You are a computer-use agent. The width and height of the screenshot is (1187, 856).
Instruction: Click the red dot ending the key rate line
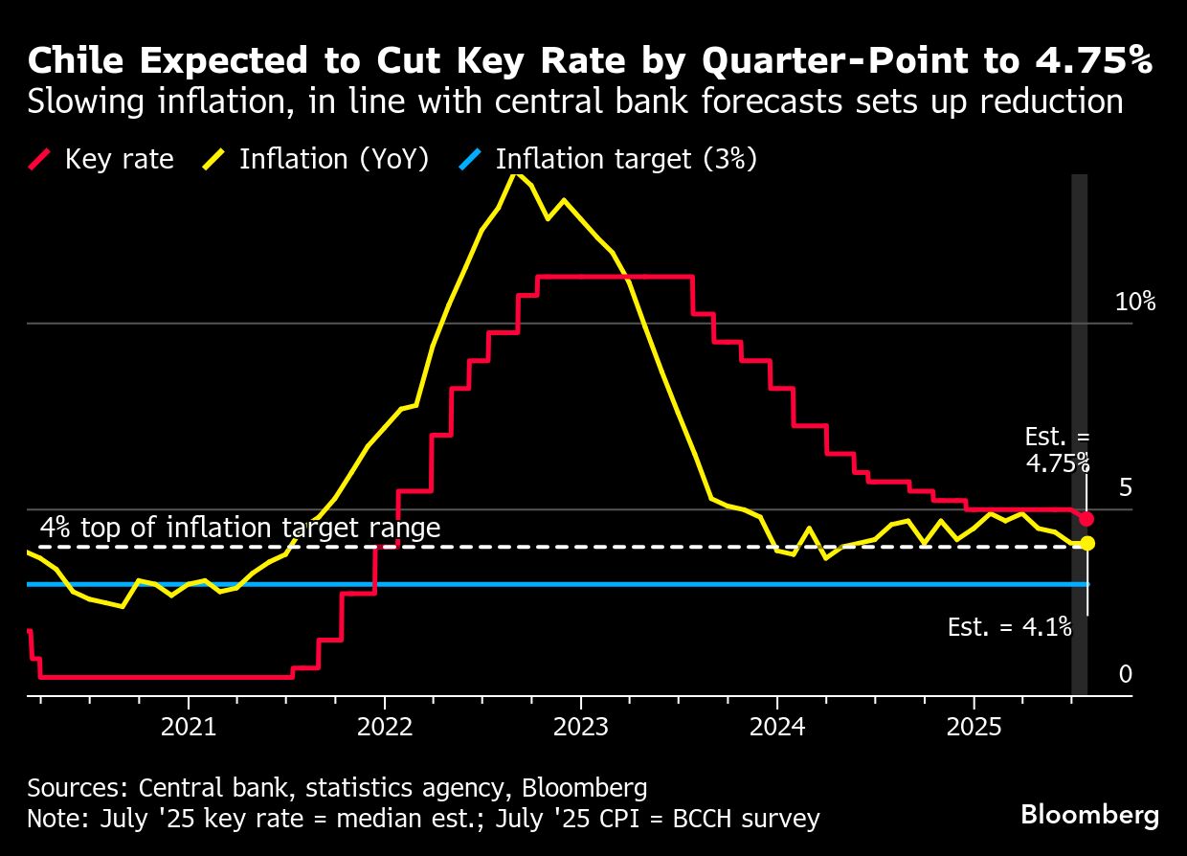coord(1086,518)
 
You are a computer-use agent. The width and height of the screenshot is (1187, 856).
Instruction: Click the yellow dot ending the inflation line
coord(1087,544)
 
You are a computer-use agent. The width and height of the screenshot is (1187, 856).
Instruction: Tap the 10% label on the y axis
coord(1135,303)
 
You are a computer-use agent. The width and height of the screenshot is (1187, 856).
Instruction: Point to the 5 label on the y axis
coord(1125,488)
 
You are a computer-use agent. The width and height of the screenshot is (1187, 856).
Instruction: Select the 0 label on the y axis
coord(1126,675)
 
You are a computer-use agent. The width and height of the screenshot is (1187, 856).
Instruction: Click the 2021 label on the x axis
coord(189,727)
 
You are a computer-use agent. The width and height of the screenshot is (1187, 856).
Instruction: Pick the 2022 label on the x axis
coord(385,727)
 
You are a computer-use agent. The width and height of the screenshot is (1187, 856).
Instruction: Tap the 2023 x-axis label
coord(581,727)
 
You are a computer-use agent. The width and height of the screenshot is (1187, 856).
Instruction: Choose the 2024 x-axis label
coord(777,727)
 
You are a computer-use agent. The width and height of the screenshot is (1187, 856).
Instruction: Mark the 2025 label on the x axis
coord(974,727)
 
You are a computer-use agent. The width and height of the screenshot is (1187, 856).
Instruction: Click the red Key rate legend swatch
coord(41,159)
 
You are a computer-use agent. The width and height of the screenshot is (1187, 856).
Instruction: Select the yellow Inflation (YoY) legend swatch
coord(215,159)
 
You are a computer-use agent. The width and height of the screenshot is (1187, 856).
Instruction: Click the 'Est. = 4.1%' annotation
coord(1010,627)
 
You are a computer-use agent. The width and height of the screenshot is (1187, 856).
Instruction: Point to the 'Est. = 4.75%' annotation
coord(1058,450)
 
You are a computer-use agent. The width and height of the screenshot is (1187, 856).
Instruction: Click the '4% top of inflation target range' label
coord(240,528)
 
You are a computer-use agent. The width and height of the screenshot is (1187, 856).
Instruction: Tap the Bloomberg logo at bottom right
coord(1090,815)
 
